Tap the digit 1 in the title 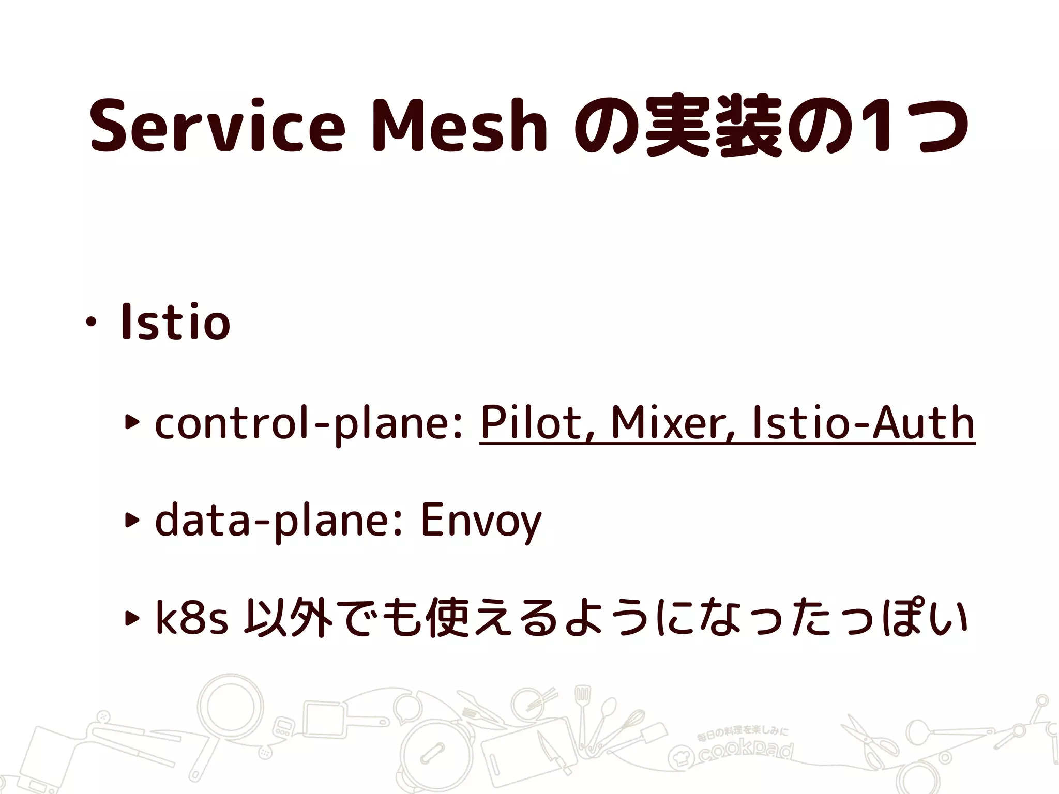(x=876, y=127)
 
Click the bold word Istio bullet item (x=175, y=323)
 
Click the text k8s (x=192, y=618)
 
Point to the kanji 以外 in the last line (x=290, y=618)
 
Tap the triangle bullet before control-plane (x=132, y=423)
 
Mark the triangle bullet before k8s (x=132, y=617)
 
